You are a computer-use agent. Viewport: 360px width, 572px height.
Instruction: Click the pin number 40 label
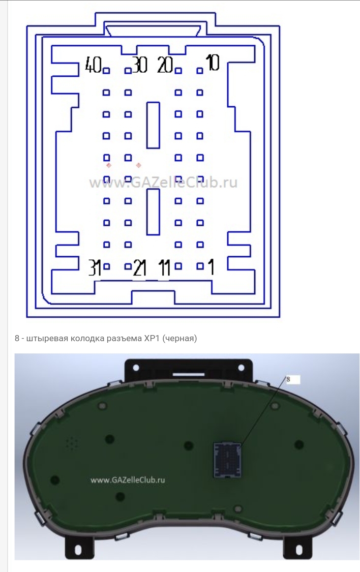click(x=93, y=65)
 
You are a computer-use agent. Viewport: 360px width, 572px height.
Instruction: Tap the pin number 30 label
click(x=140, y=65)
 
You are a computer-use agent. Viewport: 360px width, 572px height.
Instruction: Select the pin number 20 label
click(x=165, y=65)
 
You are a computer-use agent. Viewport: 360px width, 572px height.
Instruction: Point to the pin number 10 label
click(x=213, y=63)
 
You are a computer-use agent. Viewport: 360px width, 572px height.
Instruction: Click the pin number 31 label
click(x=95, y=267)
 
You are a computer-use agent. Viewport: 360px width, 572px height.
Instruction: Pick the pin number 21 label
click(x=140, y=268)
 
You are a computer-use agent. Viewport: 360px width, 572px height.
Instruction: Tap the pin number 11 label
click(x=165, y=268)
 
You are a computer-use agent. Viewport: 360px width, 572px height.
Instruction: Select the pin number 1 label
click(x=211, y=266)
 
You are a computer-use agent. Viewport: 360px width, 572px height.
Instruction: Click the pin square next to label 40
click(x=106, y=71)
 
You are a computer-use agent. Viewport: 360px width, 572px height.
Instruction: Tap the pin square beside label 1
click(x=200, y=266)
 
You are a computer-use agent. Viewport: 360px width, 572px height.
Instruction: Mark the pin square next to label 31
click(x=106, y=266)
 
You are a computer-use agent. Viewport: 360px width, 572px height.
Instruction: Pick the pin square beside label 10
click(x=199, y=71)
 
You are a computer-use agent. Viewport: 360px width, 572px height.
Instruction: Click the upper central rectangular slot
click(x=153, y=125)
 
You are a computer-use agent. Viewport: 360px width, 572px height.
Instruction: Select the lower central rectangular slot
click(x=153, y=212)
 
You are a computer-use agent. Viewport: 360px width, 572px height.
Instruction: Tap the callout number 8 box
click(x=292, y=380)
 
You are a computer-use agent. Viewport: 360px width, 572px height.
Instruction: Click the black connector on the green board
click(x=228, y=460)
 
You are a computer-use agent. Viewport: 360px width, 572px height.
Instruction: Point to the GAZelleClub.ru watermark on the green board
click(x=128, y=480)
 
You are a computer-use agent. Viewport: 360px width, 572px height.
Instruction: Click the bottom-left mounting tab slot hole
click(x=78, y=550)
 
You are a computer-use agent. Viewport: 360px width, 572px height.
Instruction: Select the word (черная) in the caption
click(x=179, y=339)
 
